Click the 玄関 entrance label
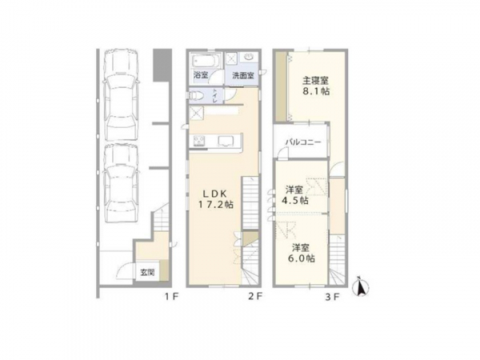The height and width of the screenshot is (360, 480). point(147,272)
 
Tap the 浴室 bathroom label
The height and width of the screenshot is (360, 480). point(201,75)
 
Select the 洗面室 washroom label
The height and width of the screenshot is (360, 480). point(243,76)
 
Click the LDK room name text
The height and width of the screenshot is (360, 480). point(215,193)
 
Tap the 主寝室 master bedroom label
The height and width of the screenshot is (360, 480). point(316,81)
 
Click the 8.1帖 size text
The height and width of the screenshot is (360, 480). point(316,91)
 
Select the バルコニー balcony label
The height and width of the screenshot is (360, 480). point(303,142)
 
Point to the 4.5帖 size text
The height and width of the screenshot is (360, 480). point(294,201)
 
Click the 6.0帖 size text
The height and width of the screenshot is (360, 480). point(301,258)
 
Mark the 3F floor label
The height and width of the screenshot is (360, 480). point(333,297)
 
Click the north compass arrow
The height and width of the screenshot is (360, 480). point(362,287)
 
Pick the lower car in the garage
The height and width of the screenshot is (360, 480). point(121,183)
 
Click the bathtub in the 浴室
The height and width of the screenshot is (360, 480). point(206,61)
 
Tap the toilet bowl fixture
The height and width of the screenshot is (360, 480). point(196,95)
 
